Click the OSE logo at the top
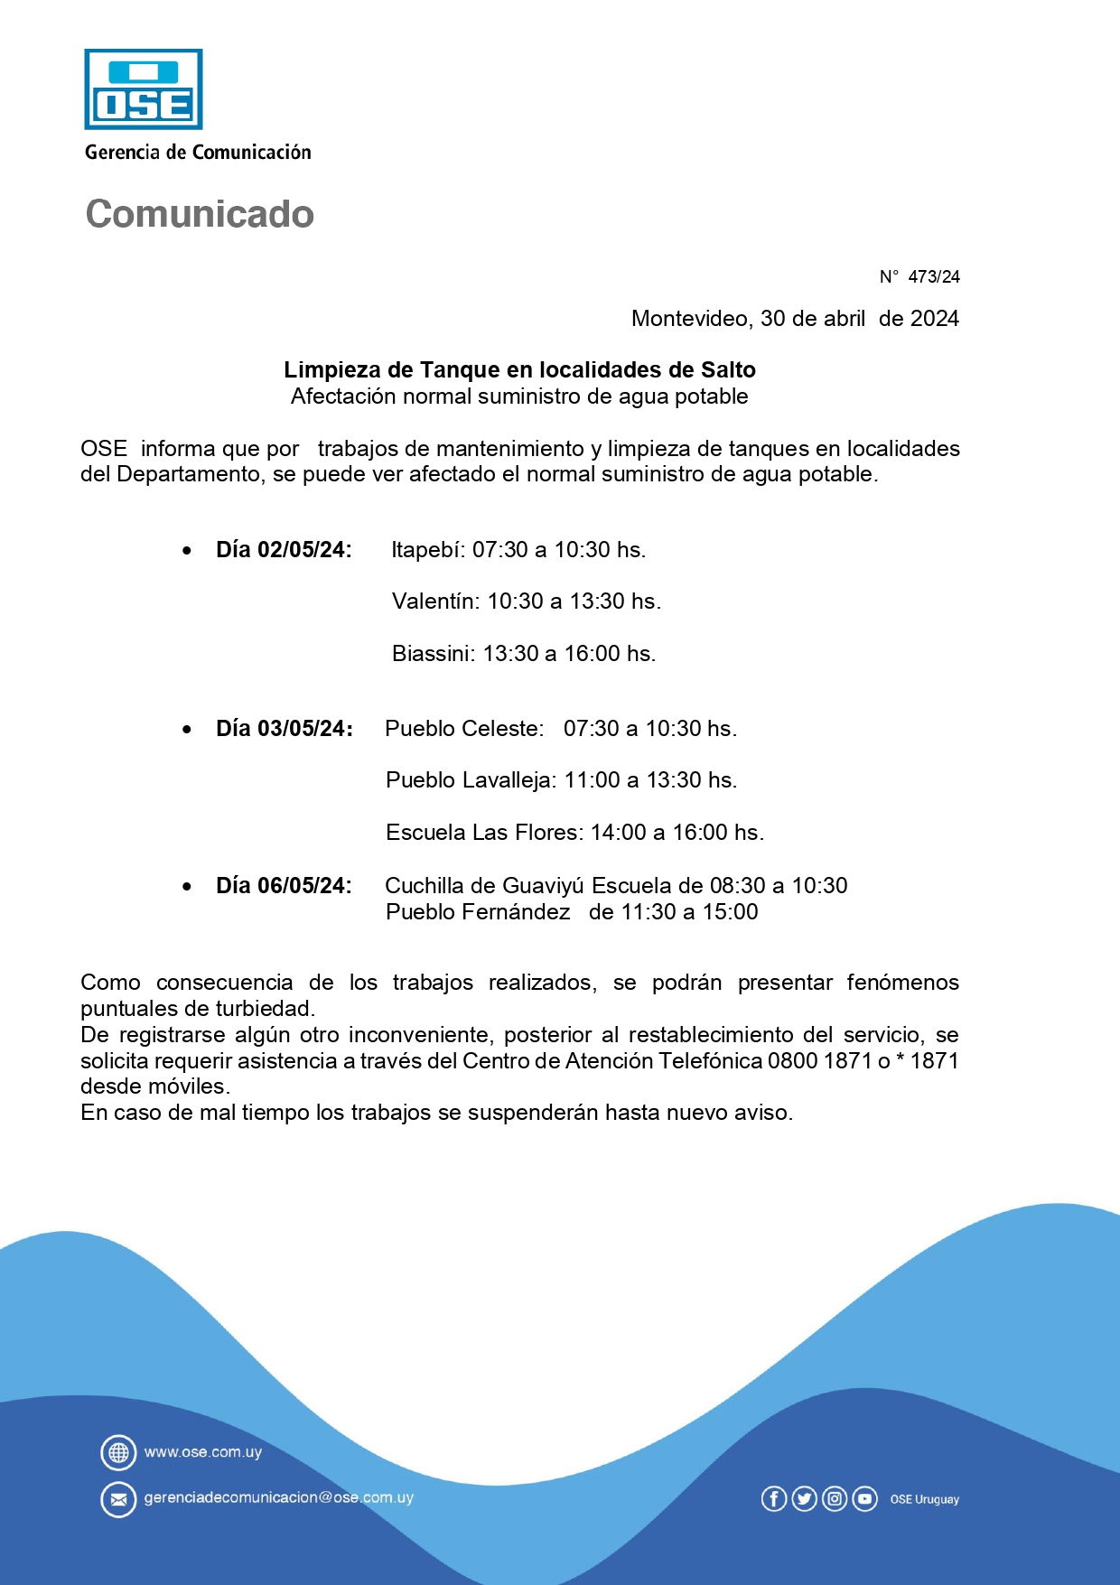tap(143, 89)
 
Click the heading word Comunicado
tap(200, 214)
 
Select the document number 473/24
tap(933, 277)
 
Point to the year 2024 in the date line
tap(934, 319)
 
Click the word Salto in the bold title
tap(728, 369)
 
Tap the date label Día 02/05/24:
tap(284, 550)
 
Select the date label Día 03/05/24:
tap(284, 729)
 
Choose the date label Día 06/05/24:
tap(284, 886)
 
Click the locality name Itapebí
tap(426, 550)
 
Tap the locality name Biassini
tap(432, 654)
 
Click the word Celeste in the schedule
tap(502, 729)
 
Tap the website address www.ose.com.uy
tap(203, 1452)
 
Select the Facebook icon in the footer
tap(774, 1499)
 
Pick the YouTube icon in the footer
tap(864, 1499)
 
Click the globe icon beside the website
tap(118, 1452)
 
